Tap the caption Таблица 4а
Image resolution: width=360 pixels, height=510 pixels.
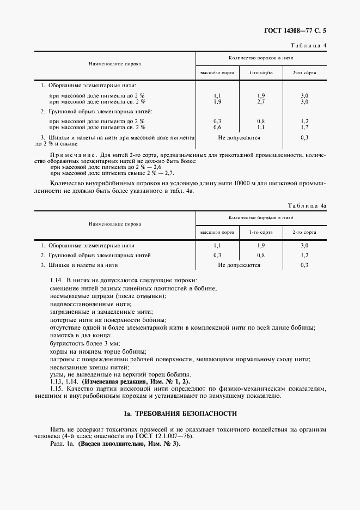click(x=307, y=205)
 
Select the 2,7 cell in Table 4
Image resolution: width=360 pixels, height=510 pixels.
click(x=261, y=101)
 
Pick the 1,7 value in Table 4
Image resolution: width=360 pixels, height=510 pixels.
click(x=304, y=127)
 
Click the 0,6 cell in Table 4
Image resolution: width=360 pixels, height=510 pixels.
click(x=217, y=127)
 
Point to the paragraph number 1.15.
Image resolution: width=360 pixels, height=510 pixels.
click(x=56, y=389)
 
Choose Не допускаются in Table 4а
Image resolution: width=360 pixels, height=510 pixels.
click(x=239, y=265)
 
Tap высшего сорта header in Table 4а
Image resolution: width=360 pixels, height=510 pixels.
click(x=217, y=233)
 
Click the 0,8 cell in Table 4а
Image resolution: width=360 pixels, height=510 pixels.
click(x=261, y=255)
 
